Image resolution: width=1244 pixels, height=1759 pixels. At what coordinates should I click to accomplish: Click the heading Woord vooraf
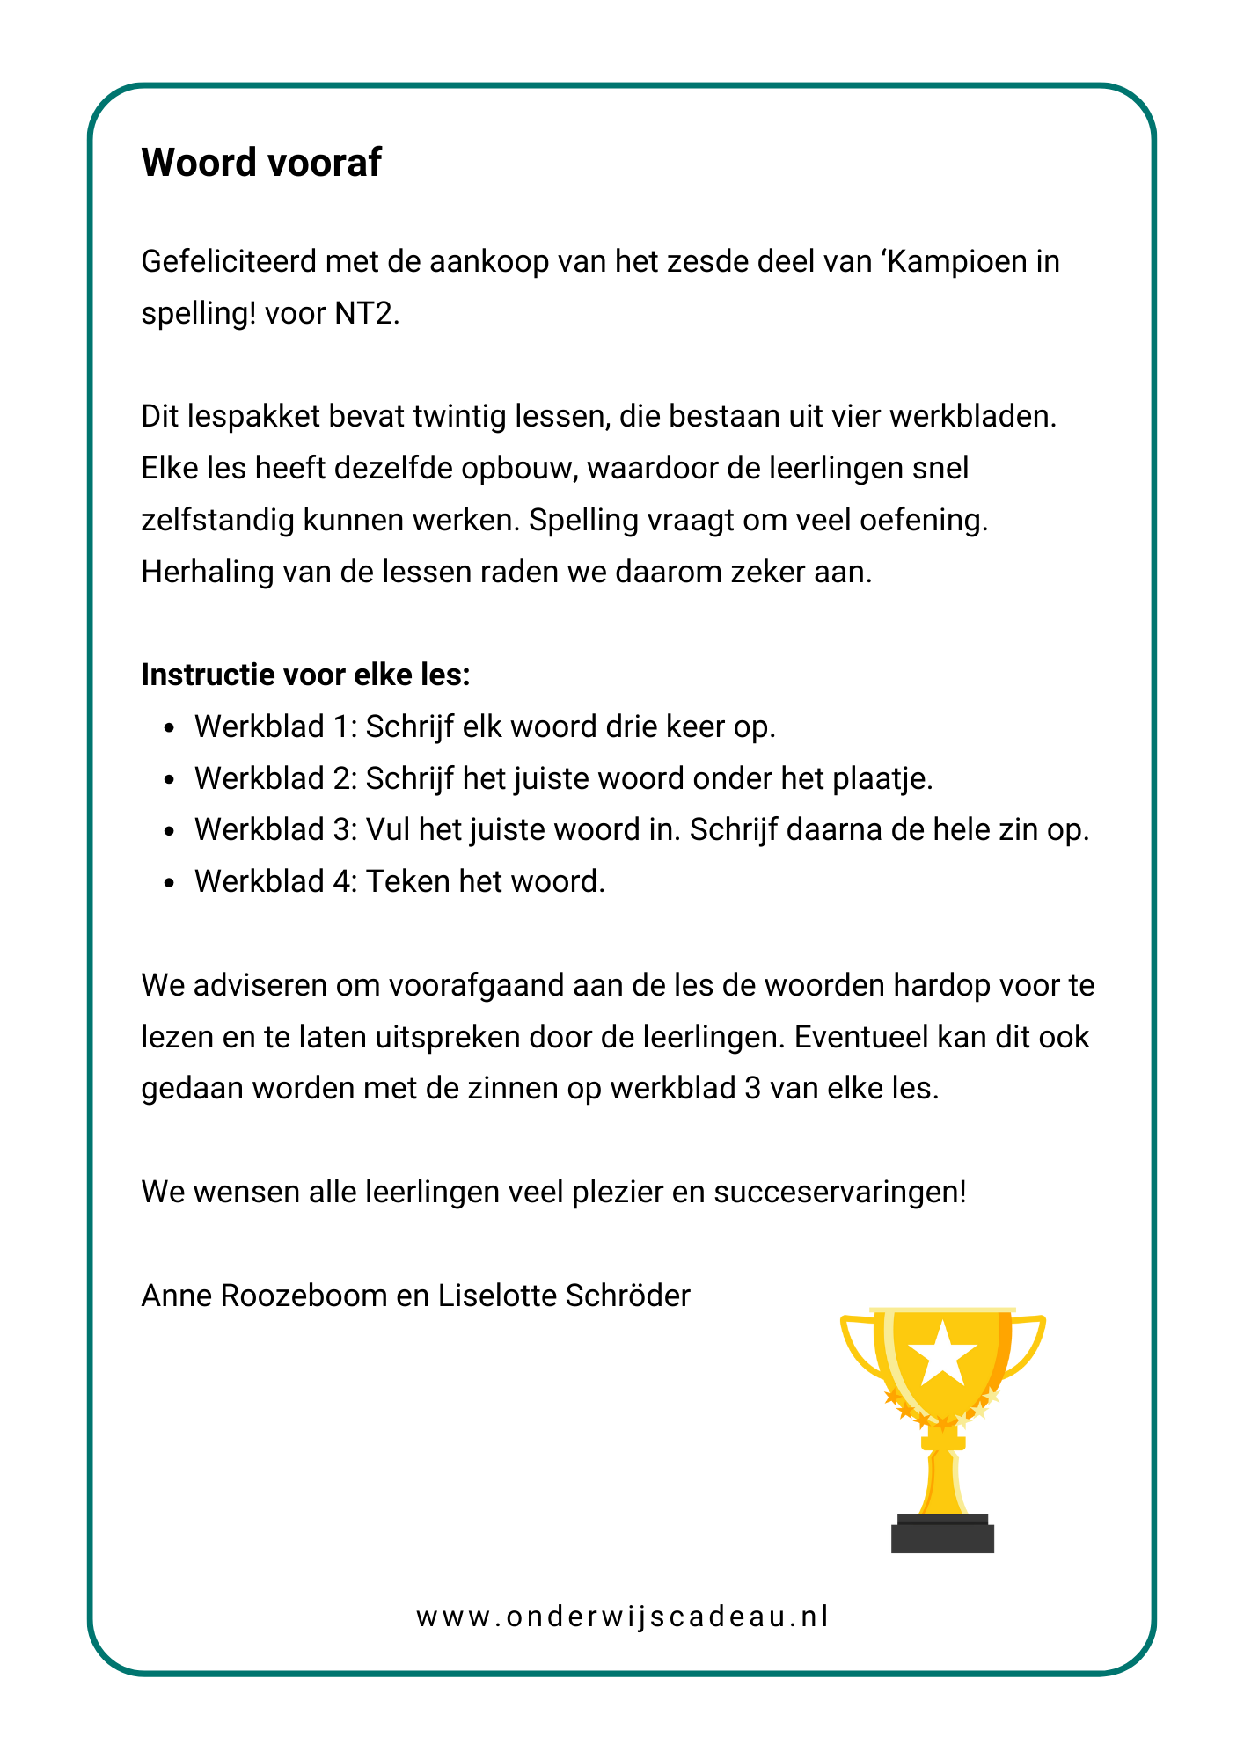261,163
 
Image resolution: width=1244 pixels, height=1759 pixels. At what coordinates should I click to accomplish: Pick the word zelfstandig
216,520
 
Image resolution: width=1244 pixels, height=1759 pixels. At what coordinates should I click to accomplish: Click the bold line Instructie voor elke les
305,675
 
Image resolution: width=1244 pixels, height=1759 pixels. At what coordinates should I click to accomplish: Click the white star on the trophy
942,1352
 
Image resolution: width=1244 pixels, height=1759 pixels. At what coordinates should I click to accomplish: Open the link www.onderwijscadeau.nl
622,1617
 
